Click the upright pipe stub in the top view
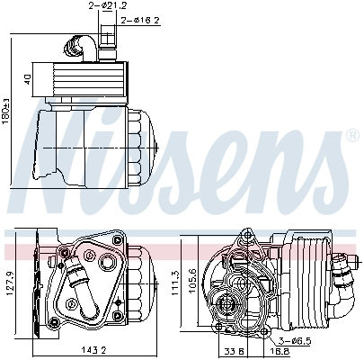[107, 40]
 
